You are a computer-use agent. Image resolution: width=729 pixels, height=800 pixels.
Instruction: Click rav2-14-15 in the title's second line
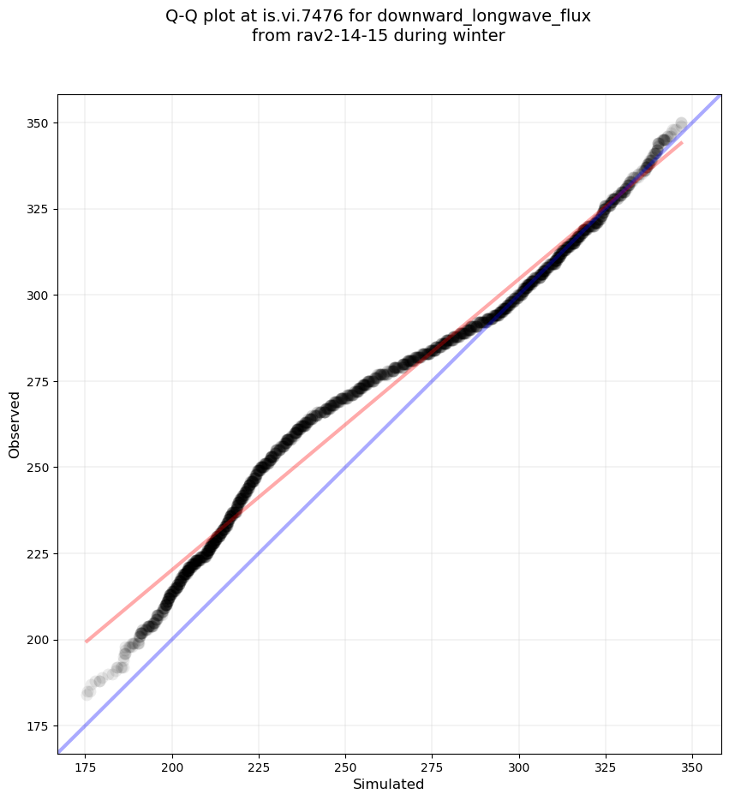[x=330, y=36]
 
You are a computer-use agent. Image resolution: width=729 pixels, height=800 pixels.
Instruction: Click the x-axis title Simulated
[x=389, y=784]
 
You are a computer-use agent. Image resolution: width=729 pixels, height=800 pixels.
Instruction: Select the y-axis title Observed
[x=15, y=424]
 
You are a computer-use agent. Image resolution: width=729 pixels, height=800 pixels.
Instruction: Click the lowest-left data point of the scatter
[x=87, y=693]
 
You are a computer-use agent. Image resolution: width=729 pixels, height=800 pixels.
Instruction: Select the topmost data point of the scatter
[x=681, y=123]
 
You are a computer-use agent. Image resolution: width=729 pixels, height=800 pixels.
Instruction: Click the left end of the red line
[x=86, y=641]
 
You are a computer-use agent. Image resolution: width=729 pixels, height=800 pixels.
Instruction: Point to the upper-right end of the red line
[x=682, y=142]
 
